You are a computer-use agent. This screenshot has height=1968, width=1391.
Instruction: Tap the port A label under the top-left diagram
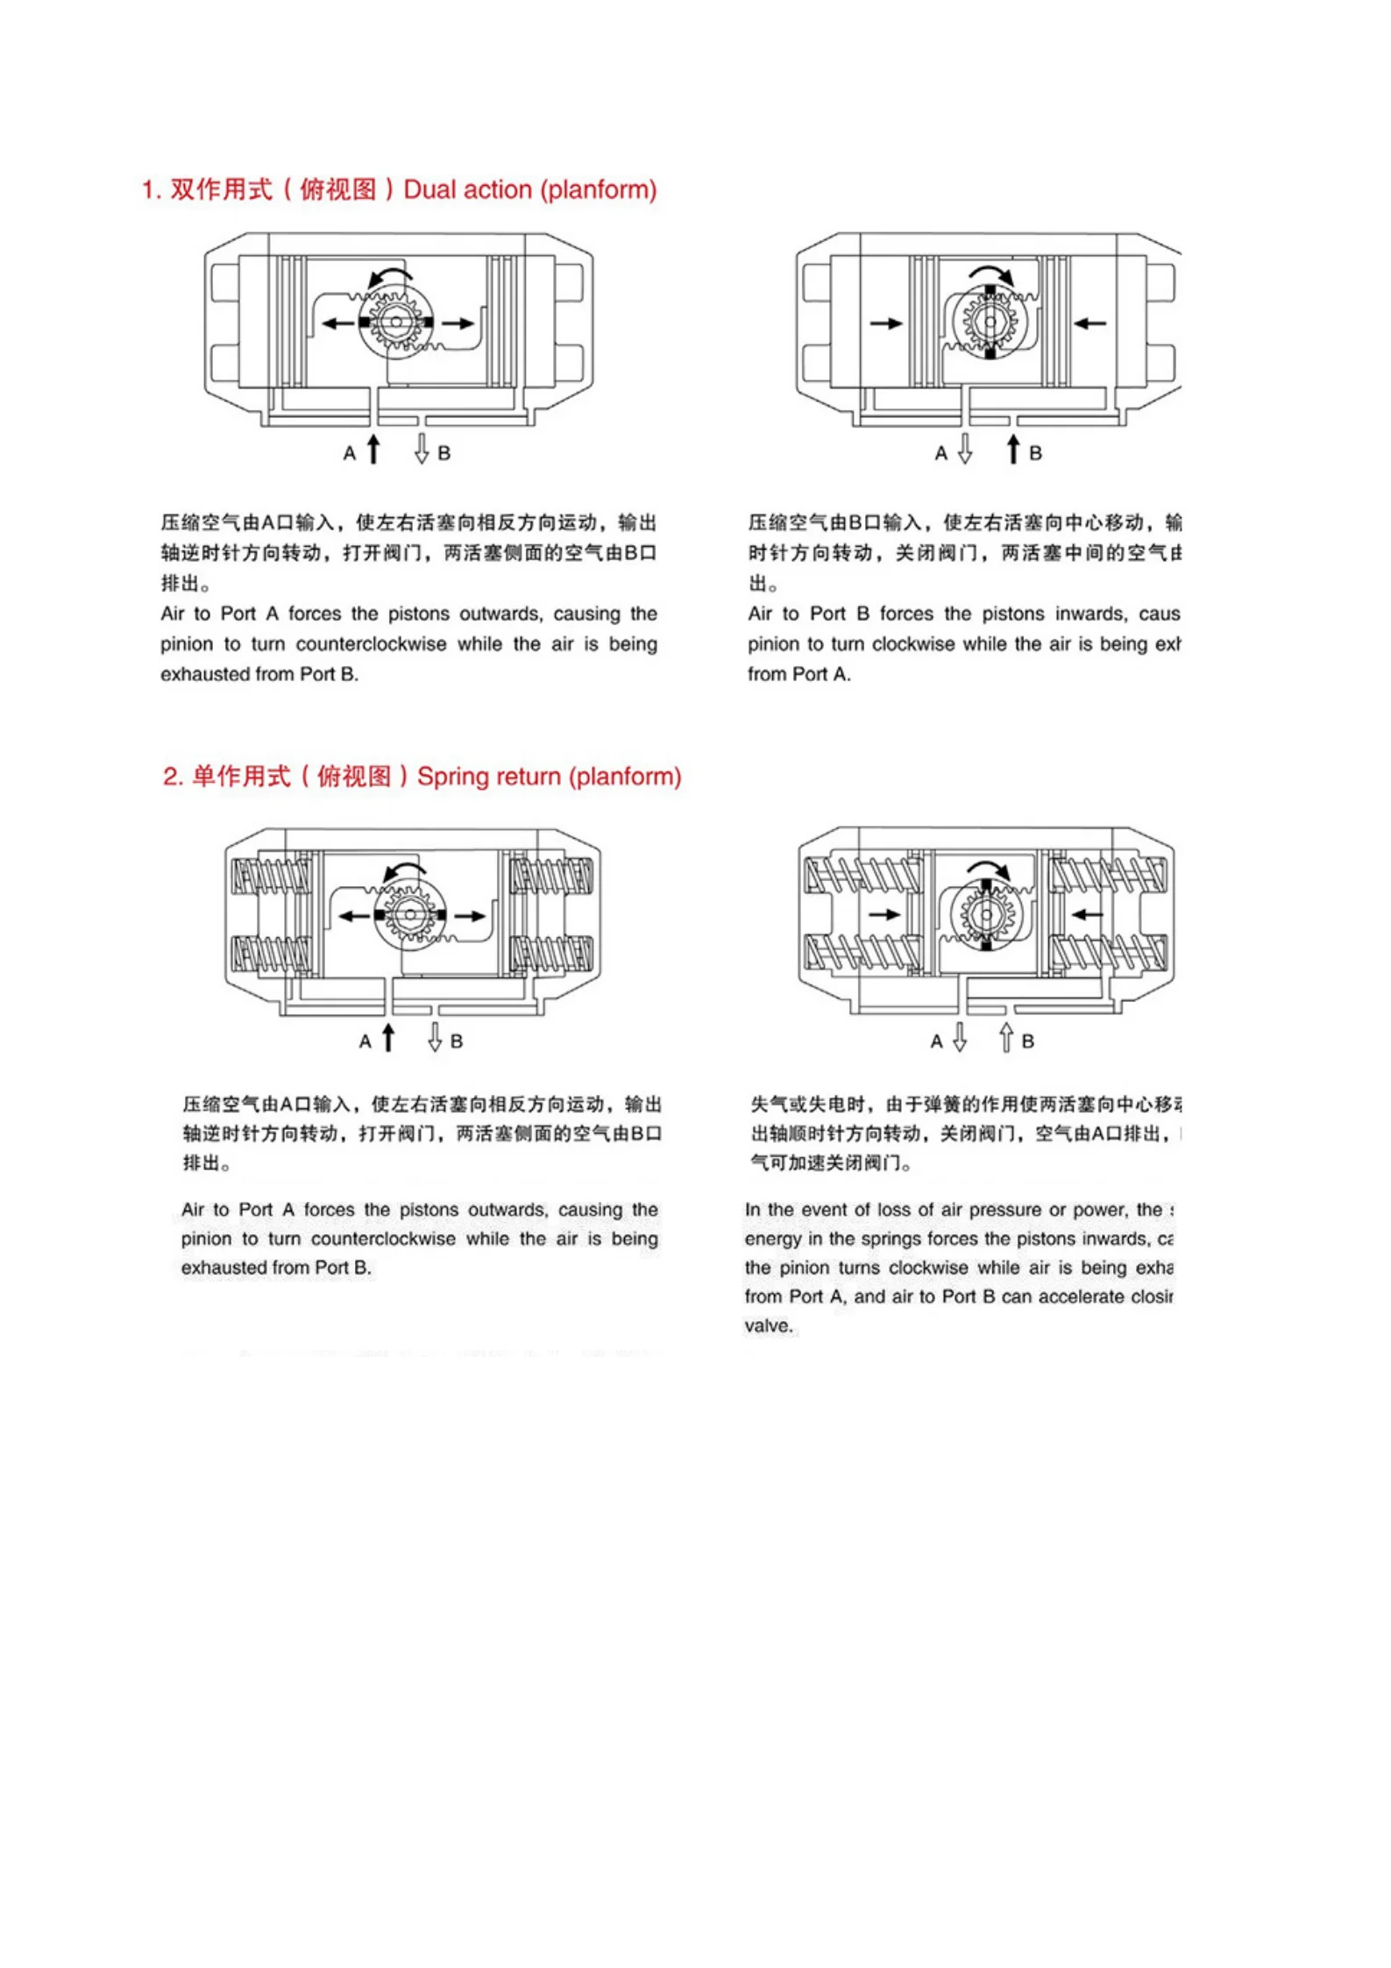[350, 453]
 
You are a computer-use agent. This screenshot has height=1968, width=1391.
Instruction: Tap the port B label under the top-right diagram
[1035, 453]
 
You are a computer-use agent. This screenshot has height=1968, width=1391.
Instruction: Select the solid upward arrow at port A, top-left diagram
[373, 449]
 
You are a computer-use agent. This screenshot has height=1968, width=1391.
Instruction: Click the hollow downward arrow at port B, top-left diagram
[422, 449]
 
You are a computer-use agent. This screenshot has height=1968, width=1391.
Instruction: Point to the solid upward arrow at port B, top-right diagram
[1013, 449]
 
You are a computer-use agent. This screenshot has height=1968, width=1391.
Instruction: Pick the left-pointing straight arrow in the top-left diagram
[337, 323]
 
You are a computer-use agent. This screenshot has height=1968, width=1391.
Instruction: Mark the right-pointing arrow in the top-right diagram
[886, 323]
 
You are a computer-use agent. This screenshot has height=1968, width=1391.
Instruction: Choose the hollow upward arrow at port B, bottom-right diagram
[1006, 1038]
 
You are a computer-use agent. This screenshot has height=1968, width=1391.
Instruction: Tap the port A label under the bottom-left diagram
[365, 1041]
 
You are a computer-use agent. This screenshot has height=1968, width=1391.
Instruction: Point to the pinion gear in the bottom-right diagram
[987, 915]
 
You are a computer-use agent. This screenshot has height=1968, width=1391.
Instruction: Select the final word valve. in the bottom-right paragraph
[769, 1325]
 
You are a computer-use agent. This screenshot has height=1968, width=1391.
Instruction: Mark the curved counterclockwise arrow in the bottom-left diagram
[404, 870]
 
